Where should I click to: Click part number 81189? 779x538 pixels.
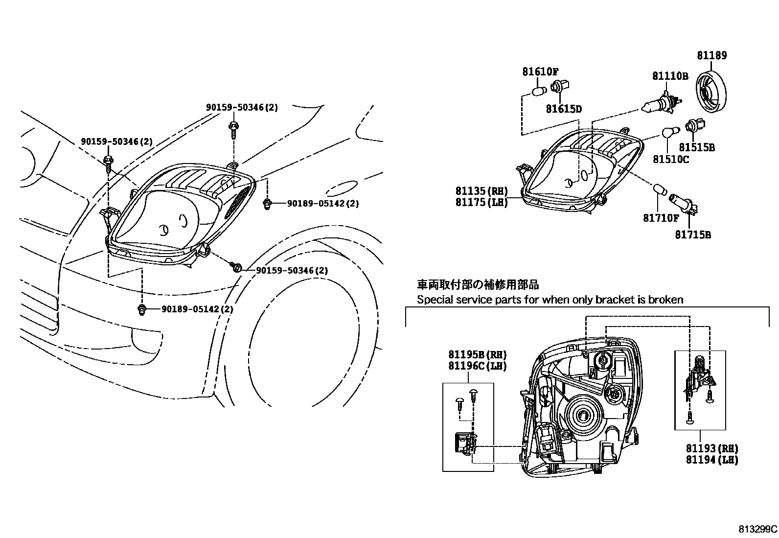pyautogui.click(x=711, y=55)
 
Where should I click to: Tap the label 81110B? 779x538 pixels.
pyautogui.click(x=670, y=76)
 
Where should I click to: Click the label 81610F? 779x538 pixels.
pyautogui.click(x=540, y=71)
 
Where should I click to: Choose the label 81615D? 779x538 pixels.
pyautogui.click(x=564, y=109)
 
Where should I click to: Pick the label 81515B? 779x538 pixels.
pyautogui.click(x=697, y=147)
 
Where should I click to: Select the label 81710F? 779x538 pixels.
pyautogui.click(x=661, y=218)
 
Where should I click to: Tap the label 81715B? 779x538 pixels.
pyautogui.click(x=693, y=235)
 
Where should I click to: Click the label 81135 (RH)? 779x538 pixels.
pyautogui.click(x=481, y=191)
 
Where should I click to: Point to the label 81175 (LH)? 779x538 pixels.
pyautogui.click(x=481, y=202)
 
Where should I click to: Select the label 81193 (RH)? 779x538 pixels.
pyautogui.click(x=711, y=448)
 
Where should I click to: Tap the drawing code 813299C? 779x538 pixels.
pyautogui.click(x=757, y=529)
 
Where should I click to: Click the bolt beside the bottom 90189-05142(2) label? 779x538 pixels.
pyautogui.click(x=142, y=309)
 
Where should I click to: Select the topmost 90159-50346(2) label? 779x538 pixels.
pyautogui.click(x=241, y=107)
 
